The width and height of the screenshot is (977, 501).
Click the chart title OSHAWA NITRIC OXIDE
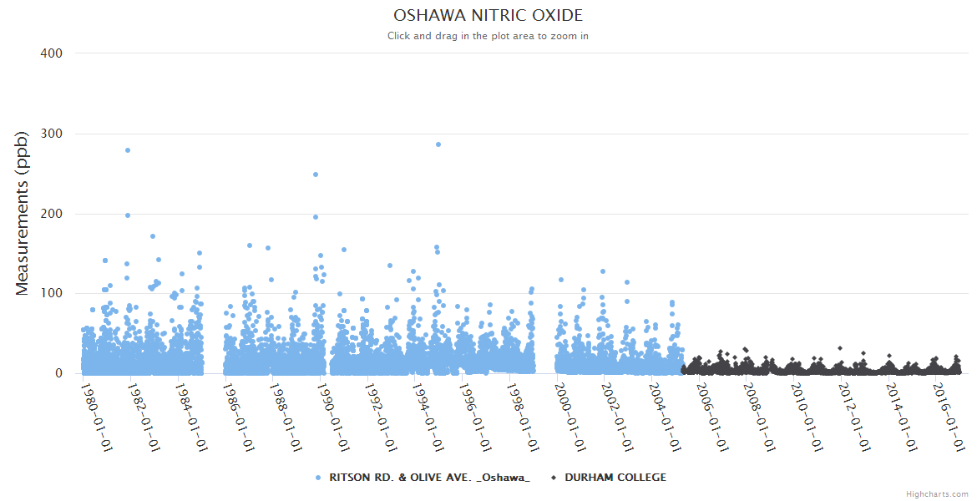click(488, 16)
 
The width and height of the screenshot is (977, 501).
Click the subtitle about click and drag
click(488, 36)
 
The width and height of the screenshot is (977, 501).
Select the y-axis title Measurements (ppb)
click(23, 213)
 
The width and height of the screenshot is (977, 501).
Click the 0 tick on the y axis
click(58, 373)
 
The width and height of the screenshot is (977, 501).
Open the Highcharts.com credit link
click(937, 494)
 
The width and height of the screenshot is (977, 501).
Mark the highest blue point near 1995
click(438, 144)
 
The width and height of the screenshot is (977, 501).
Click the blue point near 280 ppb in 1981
click(128, 150)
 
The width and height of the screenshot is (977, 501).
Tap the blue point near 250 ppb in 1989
click(316, 175)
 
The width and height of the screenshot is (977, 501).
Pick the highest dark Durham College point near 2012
click(840, 348)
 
